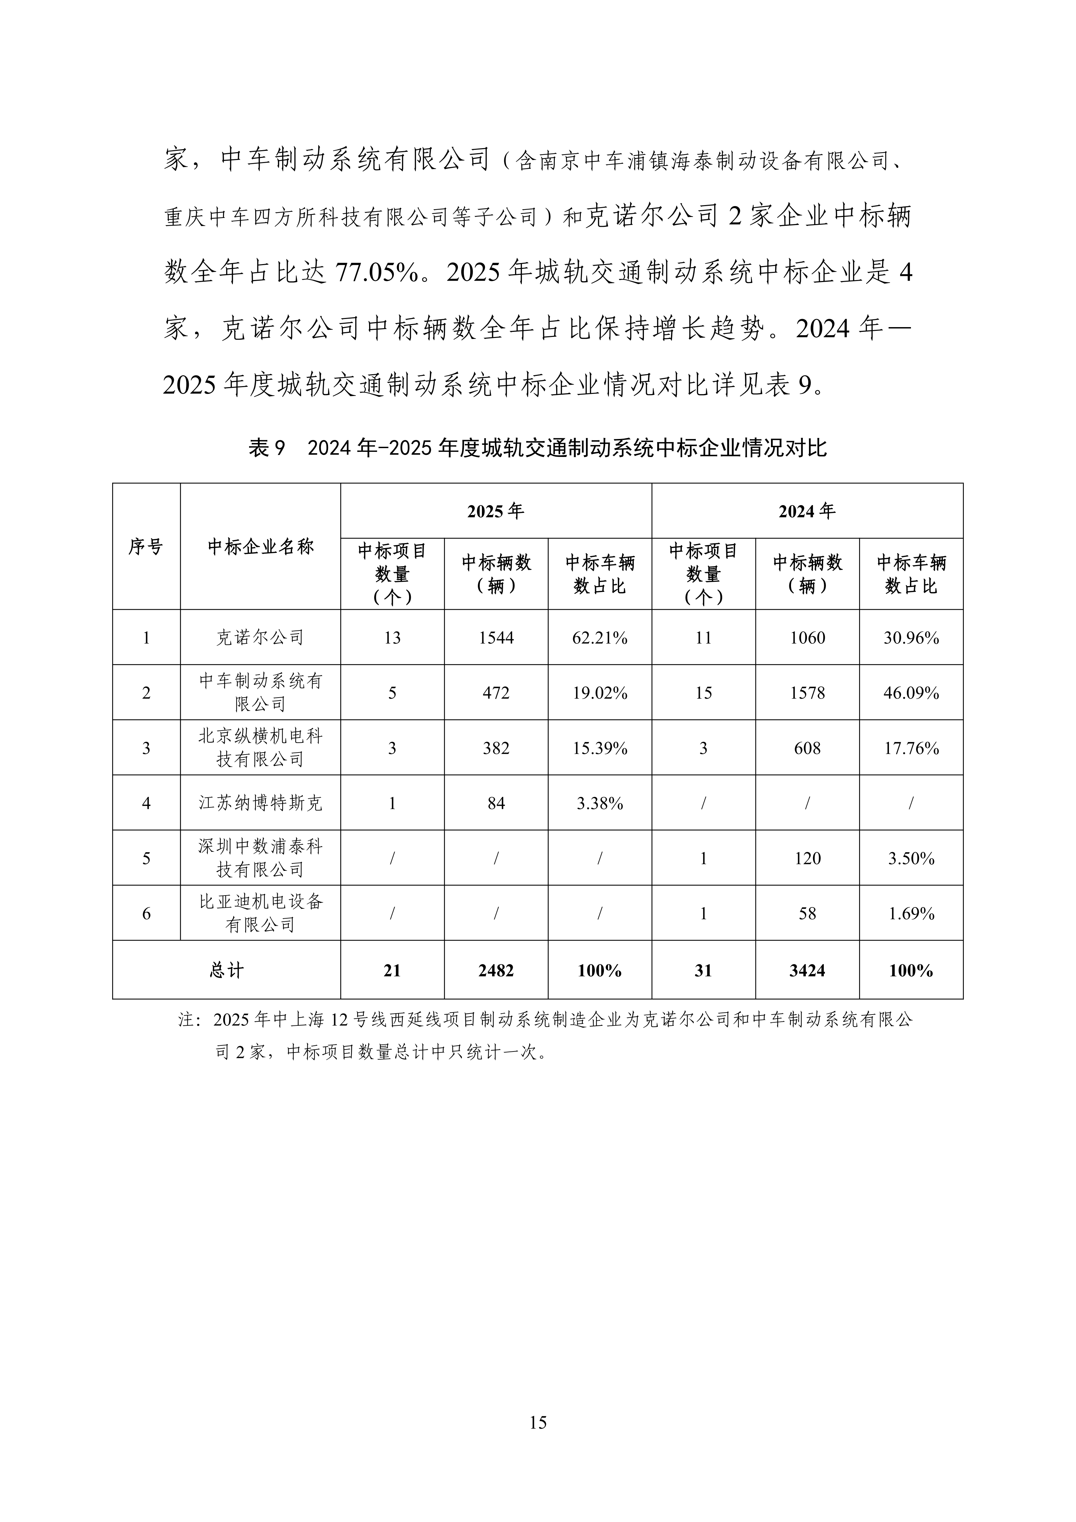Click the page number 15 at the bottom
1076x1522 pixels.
pyautogui.click(x=538, y=1422)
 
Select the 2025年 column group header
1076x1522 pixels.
pyautogui.click(x=495, y=511)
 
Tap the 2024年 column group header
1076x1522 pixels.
pyautogui.click(x=807, y=511)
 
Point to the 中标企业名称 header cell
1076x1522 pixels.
pyautogui.click(x=260, y=547)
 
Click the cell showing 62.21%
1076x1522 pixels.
pyautogui.click(x=600, y=638)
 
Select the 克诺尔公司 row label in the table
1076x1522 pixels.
pyautogui.click(x=260, y=638)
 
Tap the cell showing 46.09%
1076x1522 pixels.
pyautogui.click(x=911, y=693)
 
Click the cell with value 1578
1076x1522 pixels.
pyautogui.click(x=807, y=693)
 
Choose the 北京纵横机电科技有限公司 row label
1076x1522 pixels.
pyautogui.click(x=260, y=748)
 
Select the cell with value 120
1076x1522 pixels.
pyautogui.click(x=807, y=858)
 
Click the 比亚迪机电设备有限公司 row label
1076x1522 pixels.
pyautogui.click(x=260, y=913)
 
